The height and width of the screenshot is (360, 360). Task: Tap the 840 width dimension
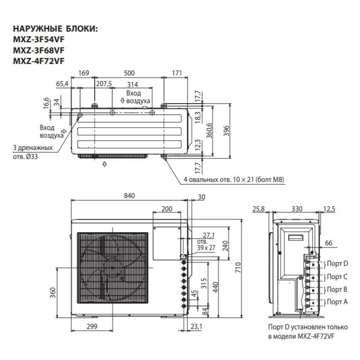point(130,196)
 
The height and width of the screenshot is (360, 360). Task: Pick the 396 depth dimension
point(228,130)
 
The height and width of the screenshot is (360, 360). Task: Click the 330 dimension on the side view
point(297,209)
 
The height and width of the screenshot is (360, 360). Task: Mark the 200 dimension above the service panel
point(166,209)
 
